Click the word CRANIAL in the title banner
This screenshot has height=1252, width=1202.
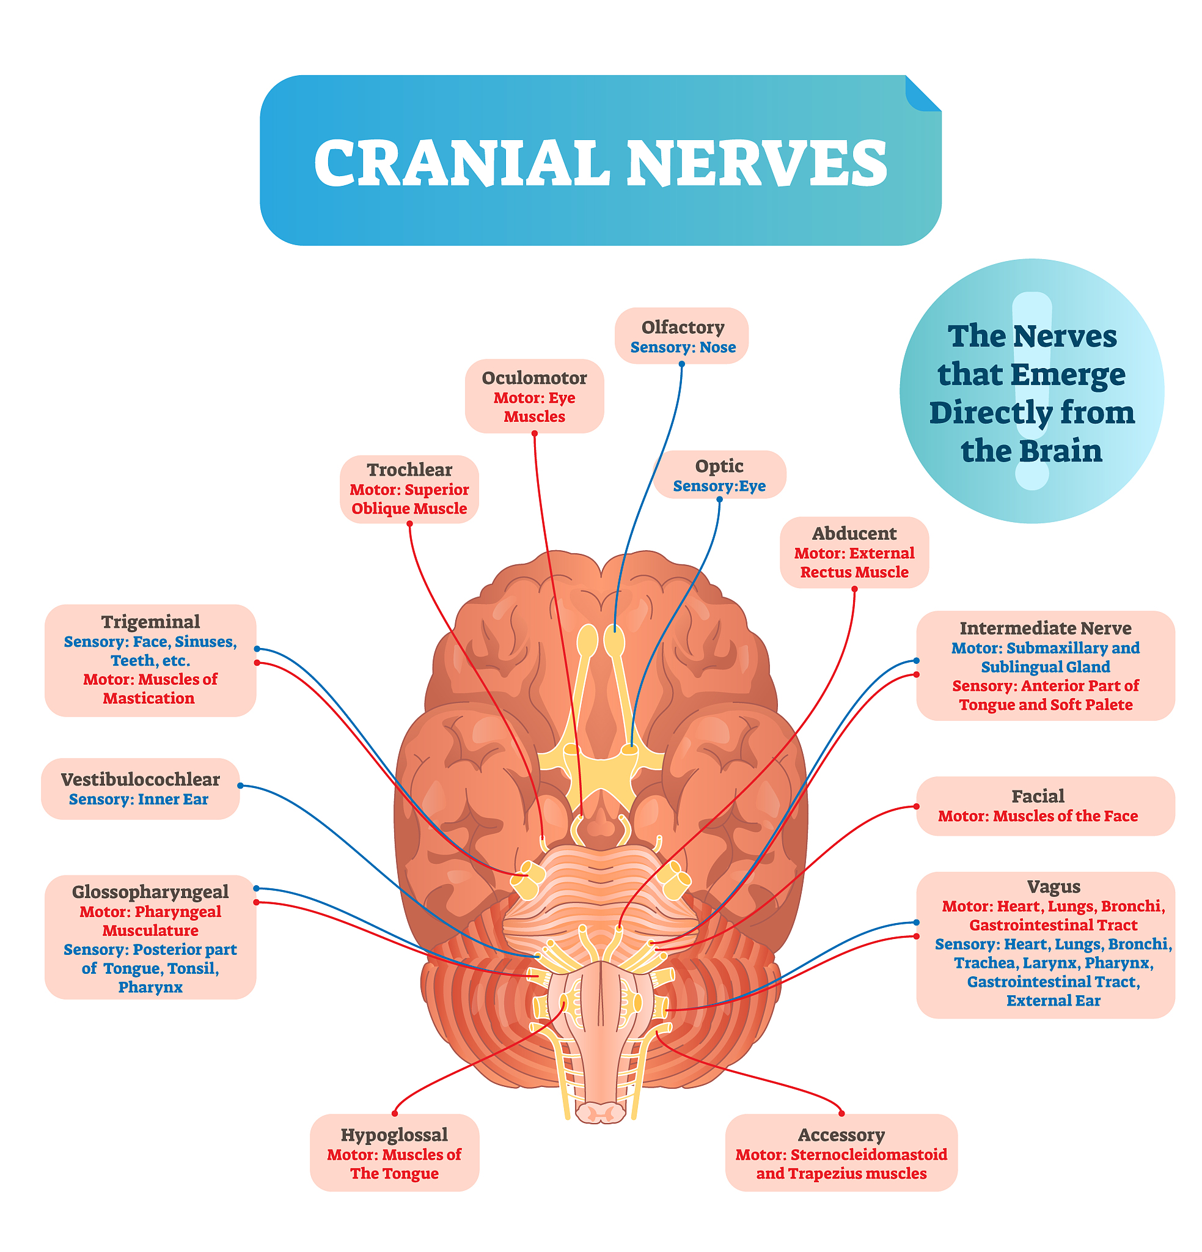461,163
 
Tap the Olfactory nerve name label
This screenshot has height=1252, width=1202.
682,327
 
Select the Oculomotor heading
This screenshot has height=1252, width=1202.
534,378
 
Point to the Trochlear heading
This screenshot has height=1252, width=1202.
409,469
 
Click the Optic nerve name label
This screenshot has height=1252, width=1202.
719,466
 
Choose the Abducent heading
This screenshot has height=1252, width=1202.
853,532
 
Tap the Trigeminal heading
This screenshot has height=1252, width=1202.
150,621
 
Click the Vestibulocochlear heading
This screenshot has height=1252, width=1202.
140,779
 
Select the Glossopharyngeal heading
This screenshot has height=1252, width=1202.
150,891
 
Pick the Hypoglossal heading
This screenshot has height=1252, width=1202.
394,1135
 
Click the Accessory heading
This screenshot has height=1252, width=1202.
840,1135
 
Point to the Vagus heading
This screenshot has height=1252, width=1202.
1053,886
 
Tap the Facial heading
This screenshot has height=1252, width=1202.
1037,796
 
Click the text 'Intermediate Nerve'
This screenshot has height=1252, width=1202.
1045,628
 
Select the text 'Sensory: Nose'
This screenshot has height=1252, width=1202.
682,347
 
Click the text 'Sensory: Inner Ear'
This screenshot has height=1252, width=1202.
139,799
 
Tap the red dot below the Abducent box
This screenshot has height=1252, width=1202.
854,589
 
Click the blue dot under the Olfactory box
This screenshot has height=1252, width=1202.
681,364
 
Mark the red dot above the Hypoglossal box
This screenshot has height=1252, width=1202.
395,1113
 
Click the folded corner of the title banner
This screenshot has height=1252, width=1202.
922,94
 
